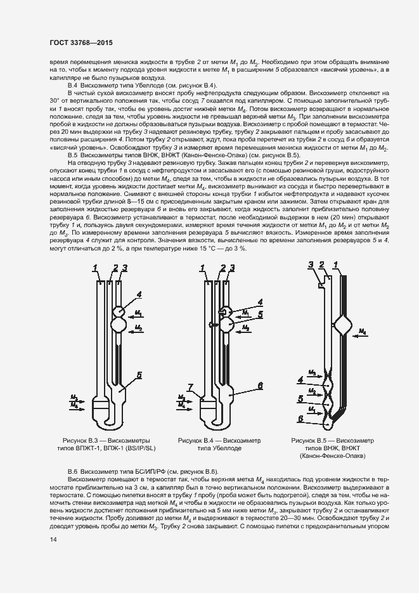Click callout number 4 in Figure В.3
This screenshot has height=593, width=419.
[x=139, y=294]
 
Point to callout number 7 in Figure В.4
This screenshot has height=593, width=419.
[x=190, y=386]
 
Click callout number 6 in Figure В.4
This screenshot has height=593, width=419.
[x=260, y=385]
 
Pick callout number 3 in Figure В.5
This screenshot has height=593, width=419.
[x=311, y=264]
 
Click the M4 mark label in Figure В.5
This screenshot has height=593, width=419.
[x=363, y=332]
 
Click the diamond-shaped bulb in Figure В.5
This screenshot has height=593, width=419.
[x=344, y=325]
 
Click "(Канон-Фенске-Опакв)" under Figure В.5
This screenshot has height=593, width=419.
[x=332, y=457]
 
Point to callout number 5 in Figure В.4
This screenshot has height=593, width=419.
[x=261, y=312]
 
